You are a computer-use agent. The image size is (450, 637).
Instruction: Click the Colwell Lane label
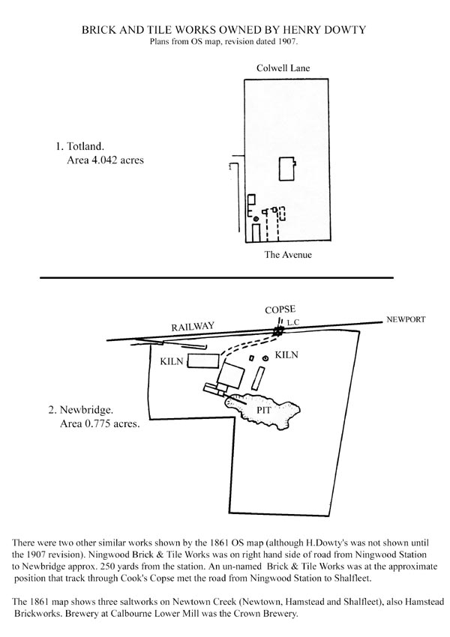(283, 68)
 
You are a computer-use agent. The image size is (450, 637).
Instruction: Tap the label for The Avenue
(289, 256)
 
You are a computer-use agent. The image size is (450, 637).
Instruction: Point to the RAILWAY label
(192, 327)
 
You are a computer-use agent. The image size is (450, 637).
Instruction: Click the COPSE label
(280, 310)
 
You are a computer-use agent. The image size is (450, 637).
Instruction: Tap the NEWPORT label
(406, 319)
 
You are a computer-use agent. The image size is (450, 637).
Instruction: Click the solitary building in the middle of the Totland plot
(287, 169)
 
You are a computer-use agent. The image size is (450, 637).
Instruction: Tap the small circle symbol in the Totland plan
(256, 219)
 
